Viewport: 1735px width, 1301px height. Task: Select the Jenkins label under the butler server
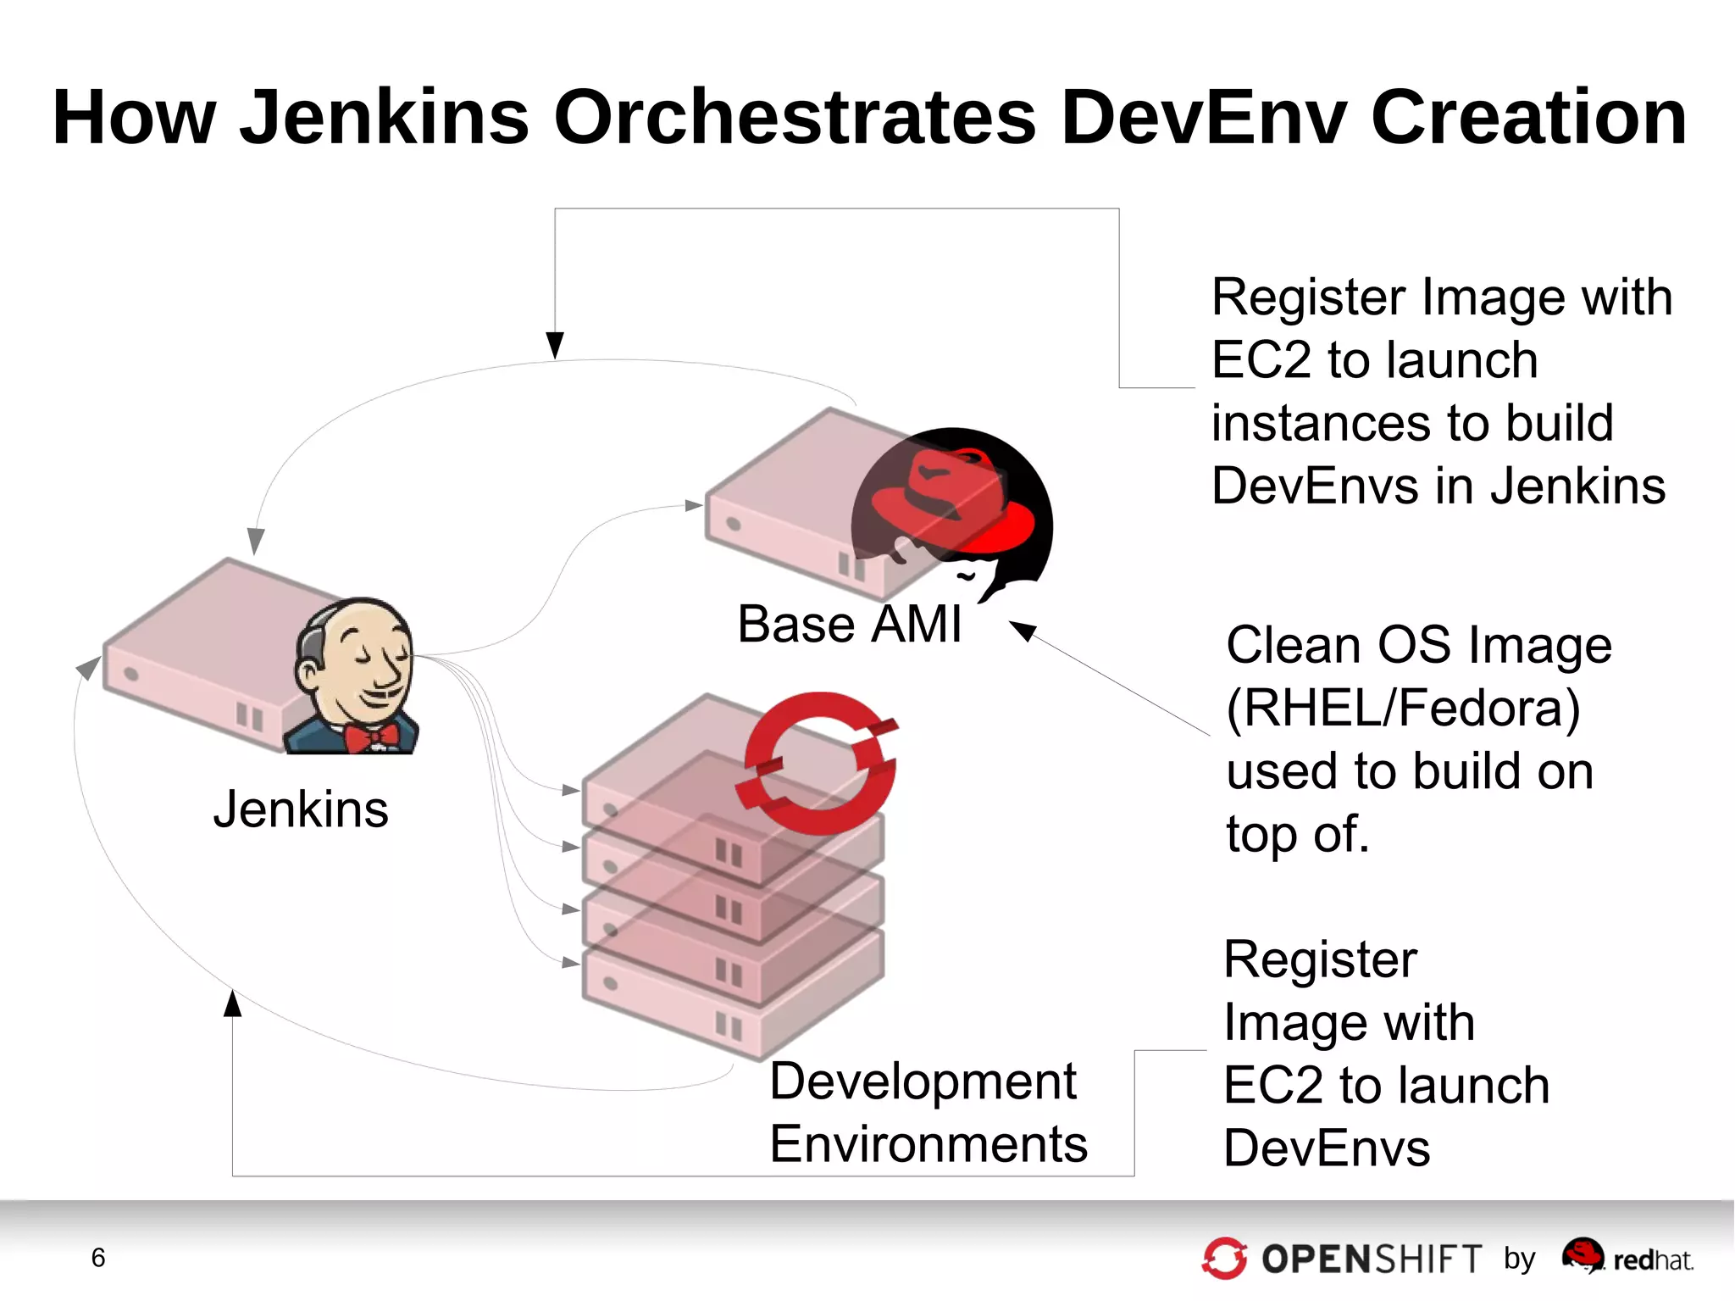[301, 809]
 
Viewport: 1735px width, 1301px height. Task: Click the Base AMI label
[849, 624]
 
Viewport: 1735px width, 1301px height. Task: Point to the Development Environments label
[928, 1112]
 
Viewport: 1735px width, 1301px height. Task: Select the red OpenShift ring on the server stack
[818, 764]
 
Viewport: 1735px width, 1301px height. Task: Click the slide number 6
[98, 1258]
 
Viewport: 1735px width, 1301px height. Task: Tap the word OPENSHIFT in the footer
[1372, 1259]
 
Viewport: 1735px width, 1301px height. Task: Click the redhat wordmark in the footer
[1652, 1260]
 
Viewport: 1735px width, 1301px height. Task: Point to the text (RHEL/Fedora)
[1403, 708]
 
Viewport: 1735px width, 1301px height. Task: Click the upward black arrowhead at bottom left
[233, 1004]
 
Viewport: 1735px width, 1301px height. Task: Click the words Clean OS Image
[1418, 645]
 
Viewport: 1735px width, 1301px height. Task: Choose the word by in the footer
[1519, 1259]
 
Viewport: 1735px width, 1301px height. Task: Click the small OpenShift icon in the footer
[1224, 1259]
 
